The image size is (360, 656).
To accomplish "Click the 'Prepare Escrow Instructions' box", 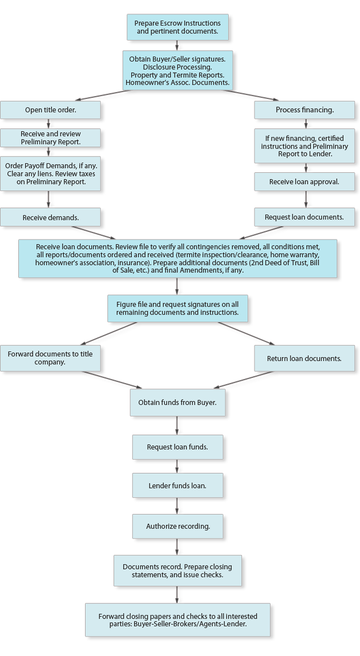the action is (x=177, y=27).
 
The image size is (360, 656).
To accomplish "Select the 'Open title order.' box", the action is (x=50, y=110).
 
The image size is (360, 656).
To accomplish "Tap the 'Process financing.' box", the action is (x=304, y=110).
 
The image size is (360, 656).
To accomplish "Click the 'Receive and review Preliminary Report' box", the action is (x=50, y=137).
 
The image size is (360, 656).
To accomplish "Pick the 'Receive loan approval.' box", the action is (x=304, y=181).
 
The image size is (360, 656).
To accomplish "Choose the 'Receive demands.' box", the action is (x=50, y=217).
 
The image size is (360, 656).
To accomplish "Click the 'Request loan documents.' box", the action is (x=304, y=217).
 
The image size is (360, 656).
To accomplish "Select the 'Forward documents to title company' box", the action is (x=50, y=358).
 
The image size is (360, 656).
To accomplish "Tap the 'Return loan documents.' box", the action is (x=304, y=358).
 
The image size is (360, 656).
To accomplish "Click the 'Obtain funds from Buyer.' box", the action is (x=177, y=403).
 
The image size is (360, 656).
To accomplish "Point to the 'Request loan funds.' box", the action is (x=177, y=447).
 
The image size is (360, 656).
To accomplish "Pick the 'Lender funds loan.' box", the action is (x=177, y=485).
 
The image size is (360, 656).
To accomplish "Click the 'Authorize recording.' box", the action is (x=177, y=527).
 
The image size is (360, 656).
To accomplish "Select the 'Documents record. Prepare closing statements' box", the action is (x=177, y=570).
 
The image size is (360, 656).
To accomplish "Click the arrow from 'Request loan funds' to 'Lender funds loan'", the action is (x=177, y=467).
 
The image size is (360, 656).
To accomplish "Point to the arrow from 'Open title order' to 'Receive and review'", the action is (x=48, y=124).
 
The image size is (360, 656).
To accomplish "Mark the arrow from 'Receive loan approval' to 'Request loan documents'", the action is (x=306, y=199).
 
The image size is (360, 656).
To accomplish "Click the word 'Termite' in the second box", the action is (x=179, y=75).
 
